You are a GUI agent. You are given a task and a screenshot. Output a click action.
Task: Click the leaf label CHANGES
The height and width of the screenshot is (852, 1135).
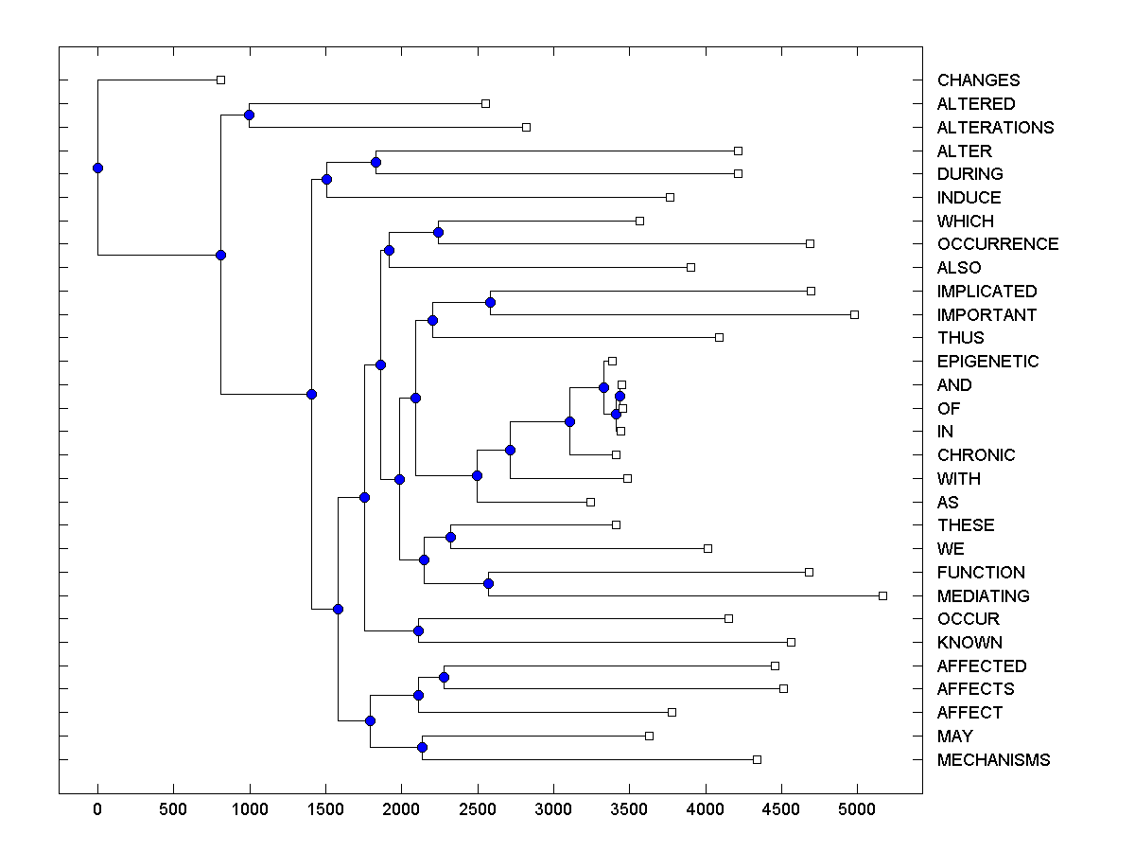tap(978, 80)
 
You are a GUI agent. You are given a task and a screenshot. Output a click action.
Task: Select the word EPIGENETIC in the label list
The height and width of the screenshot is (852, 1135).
tap(987, 362)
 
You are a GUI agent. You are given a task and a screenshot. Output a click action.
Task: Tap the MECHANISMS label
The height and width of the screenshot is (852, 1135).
tap(993, 760)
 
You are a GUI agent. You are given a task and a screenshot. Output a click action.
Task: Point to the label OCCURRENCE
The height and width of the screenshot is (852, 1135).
tap(998, 244)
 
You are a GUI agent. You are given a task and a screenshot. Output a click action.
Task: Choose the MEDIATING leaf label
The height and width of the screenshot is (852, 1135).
tap(983, 596)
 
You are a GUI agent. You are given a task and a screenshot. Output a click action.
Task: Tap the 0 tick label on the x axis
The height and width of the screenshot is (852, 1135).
tap(97, 809)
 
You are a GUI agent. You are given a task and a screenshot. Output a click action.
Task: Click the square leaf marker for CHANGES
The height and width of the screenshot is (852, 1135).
tap(220, 80)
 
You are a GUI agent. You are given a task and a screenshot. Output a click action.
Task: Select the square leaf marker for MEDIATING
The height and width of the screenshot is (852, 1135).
tap(882, 595)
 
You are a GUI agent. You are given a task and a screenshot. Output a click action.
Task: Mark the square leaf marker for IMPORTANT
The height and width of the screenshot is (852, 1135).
tap(854, 314)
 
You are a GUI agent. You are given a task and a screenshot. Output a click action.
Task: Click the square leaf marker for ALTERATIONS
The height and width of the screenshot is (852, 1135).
tap(527, 127)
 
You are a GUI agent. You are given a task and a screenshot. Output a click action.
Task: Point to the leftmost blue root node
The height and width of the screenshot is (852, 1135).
tap(97, 168)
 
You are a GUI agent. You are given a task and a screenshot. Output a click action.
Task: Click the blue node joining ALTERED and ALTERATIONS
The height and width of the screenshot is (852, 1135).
tap(249, 115)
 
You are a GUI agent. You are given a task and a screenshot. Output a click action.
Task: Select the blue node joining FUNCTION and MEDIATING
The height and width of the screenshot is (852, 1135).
tap(488, 584)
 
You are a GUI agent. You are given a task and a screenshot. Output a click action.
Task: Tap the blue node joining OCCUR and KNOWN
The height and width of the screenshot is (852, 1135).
tap(418, 630)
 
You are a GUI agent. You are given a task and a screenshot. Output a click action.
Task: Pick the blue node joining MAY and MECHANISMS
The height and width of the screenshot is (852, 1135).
tap(422, 748)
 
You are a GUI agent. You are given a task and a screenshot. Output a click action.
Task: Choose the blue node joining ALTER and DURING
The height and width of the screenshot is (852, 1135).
tap(375, 162)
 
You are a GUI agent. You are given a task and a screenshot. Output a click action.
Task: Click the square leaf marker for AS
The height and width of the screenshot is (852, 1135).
tap(590, 502)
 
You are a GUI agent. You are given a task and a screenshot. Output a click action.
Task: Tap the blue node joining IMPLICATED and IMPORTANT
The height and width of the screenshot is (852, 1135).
tap(490, 303)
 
